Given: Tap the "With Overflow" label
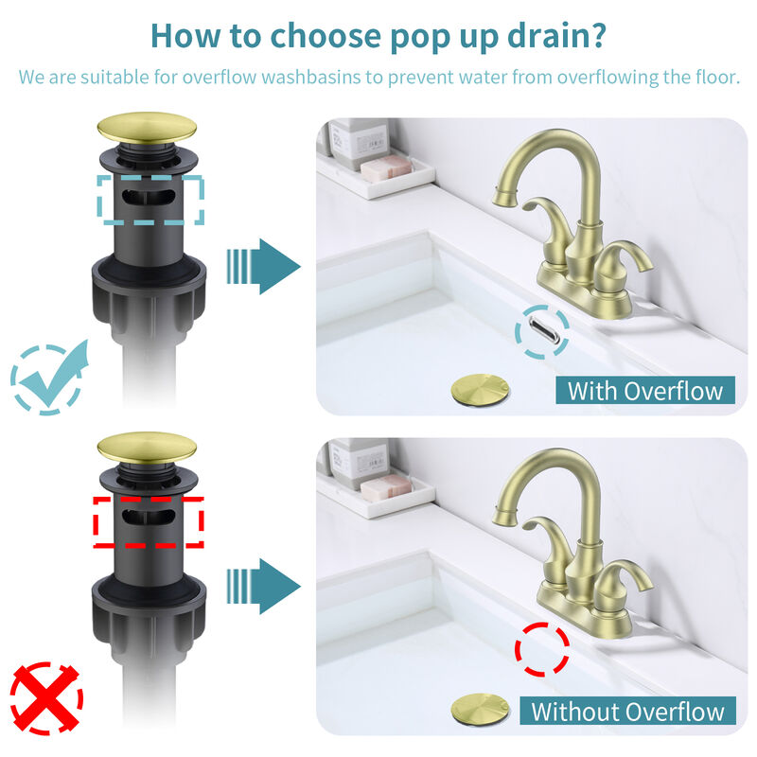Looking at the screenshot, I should tap(644, 390).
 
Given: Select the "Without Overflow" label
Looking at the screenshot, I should tap(628, 712).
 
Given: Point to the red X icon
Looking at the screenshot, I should tap(45, 699).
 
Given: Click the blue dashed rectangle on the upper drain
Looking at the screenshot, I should tap(150, 200).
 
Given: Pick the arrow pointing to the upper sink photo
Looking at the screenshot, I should tap(262, 266).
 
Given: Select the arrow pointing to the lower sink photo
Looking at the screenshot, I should tap(262, 586).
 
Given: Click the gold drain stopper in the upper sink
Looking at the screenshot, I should tap(481, 389).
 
